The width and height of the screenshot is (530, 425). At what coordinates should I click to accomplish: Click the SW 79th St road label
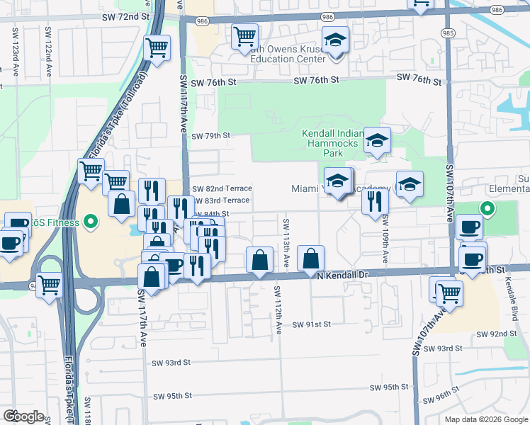211,135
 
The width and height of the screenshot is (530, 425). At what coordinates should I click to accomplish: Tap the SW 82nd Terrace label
222,188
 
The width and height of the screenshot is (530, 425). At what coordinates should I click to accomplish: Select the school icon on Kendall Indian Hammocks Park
377,140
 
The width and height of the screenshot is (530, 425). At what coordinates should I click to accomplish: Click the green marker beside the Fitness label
90,223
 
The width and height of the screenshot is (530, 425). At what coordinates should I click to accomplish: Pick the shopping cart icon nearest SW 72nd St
244,35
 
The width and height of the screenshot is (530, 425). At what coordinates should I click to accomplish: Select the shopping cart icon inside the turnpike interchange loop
49,285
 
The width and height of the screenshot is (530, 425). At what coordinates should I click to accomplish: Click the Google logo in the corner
23,416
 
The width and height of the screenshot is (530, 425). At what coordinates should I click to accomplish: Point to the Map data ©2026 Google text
485,419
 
